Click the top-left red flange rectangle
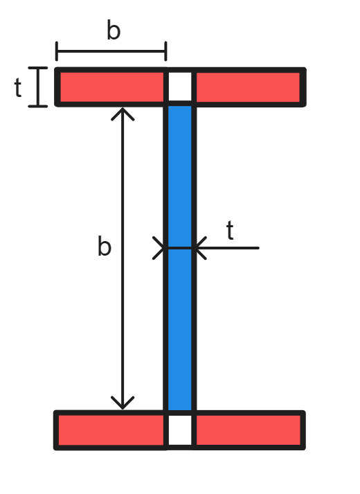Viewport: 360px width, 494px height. pos(111,87)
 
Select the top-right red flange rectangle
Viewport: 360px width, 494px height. pos(248,87)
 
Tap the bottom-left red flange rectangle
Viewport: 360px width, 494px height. pos(111,430)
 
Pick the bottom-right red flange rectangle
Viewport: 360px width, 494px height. pos(248,430)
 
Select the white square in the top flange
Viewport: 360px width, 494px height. pos(180,87)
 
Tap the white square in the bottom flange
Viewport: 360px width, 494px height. pos(180,430)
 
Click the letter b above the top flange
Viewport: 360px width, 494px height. pos(114,30)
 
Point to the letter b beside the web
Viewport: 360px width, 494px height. pos(104,247)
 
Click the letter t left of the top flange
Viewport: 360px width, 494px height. pos(18,88)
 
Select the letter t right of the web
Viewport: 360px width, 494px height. pos(230,231)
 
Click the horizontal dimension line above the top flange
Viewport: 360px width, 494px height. pos(111,51)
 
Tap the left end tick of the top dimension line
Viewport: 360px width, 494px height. pos(57,51)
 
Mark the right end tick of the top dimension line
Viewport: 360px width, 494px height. pos(165,51)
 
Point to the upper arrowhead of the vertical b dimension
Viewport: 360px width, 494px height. pos(123,112)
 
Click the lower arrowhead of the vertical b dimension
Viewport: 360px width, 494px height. pos(123,403)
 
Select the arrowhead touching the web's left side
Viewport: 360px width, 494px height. pos(160,247)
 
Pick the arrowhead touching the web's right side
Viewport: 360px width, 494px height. pos(200,247)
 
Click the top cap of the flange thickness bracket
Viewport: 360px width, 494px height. pos(38,68)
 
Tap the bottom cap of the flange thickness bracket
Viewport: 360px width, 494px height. pos(38,106)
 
